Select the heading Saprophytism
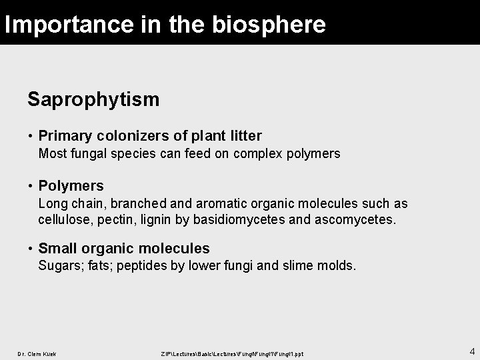coord(93,100)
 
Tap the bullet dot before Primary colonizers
coord(31,136)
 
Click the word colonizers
coord(133,136)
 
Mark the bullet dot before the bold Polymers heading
coord(31,186)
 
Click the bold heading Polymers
coord(71,186)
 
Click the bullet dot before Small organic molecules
coord(31,249)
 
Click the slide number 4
coord(472,351)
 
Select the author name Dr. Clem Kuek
coord(37,353)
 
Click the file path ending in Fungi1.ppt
coord(232,353)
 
